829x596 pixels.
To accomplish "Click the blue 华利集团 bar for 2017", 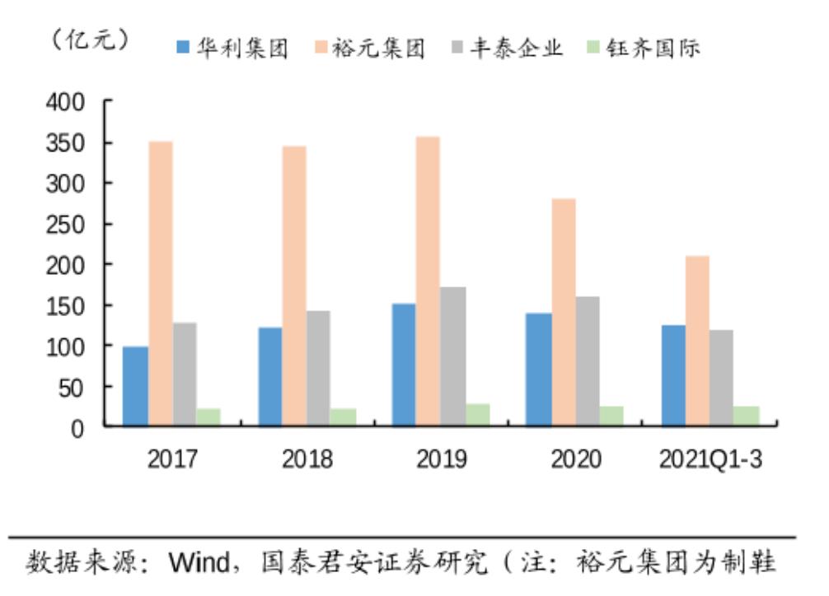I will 135,386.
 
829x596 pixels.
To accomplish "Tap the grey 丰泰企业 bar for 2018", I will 318,368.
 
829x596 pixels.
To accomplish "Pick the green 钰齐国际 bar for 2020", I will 611,416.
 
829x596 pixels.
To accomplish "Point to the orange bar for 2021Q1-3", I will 697,341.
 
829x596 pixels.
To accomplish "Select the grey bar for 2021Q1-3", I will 721,378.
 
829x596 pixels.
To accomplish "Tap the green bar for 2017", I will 208,417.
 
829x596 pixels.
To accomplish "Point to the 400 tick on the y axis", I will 68,102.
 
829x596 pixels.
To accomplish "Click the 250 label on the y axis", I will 68,224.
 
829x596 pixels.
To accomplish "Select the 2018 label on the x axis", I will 307,459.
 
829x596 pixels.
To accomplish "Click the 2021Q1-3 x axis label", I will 710,459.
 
